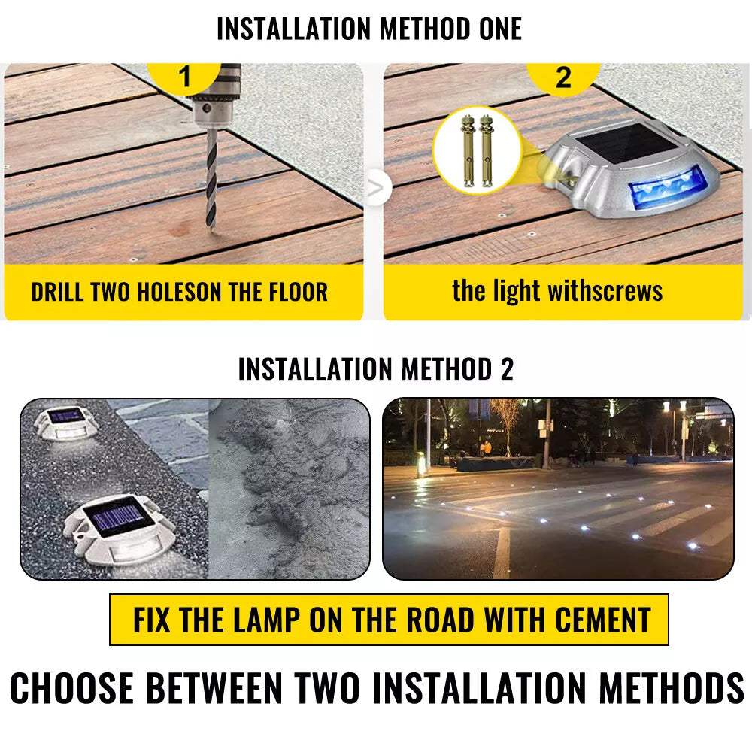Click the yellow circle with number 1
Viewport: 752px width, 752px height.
tap(184, 77)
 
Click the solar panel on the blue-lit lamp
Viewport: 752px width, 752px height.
tap(625, 144)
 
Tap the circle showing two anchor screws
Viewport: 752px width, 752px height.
tap(477, 150)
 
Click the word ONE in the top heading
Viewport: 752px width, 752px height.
tap(500, 29)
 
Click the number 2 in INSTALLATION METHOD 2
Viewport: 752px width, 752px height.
tap(507, 369)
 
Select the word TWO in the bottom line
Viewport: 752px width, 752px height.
tap(328, 688)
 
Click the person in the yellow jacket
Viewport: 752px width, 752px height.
tap(487, 449)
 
